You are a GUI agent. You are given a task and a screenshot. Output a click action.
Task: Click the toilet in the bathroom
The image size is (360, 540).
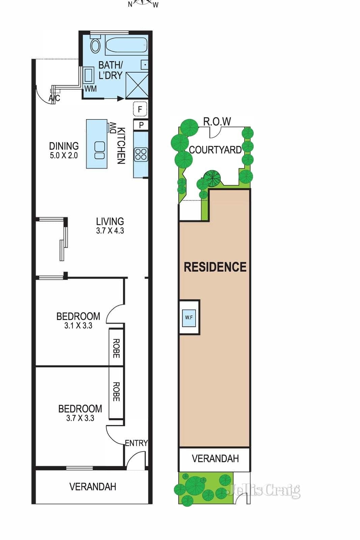[x=95, y=44]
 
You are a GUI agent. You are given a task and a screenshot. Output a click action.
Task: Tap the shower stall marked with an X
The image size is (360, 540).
[x=137, y=85]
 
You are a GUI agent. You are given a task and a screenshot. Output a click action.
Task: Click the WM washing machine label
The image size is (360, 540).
[x=90, y=89]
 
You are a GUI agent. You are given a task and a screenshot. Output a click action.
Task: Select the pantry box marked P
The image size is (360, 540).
[x=141, y=125]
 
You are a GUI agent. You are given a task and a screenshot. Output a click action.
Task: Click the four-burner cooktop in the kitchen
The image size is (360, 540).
[x=141, y=154]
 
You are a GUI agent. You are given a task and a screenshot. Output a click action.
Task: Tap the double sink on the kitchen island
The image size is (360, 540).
[x=100, y=150]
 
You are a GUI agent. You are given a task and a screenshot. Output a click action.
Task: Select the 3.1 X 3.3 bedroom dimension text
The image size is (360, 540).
[x=78, y=325]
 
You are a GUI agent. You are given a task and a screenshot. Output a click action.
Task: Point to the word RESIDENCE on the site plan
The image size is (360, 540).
[x=215, y=267]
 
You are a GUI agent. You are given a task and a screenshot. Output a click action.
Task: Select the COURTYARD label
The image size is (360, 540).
[x=215, y=150]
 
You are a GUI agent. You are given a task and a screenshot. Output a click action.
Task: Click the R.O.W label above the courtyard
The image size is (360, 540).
[x=217, y=122]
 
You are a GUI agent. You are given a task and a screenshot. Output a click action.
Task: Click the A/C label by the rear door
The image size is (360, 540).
[x=54, y=98]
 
